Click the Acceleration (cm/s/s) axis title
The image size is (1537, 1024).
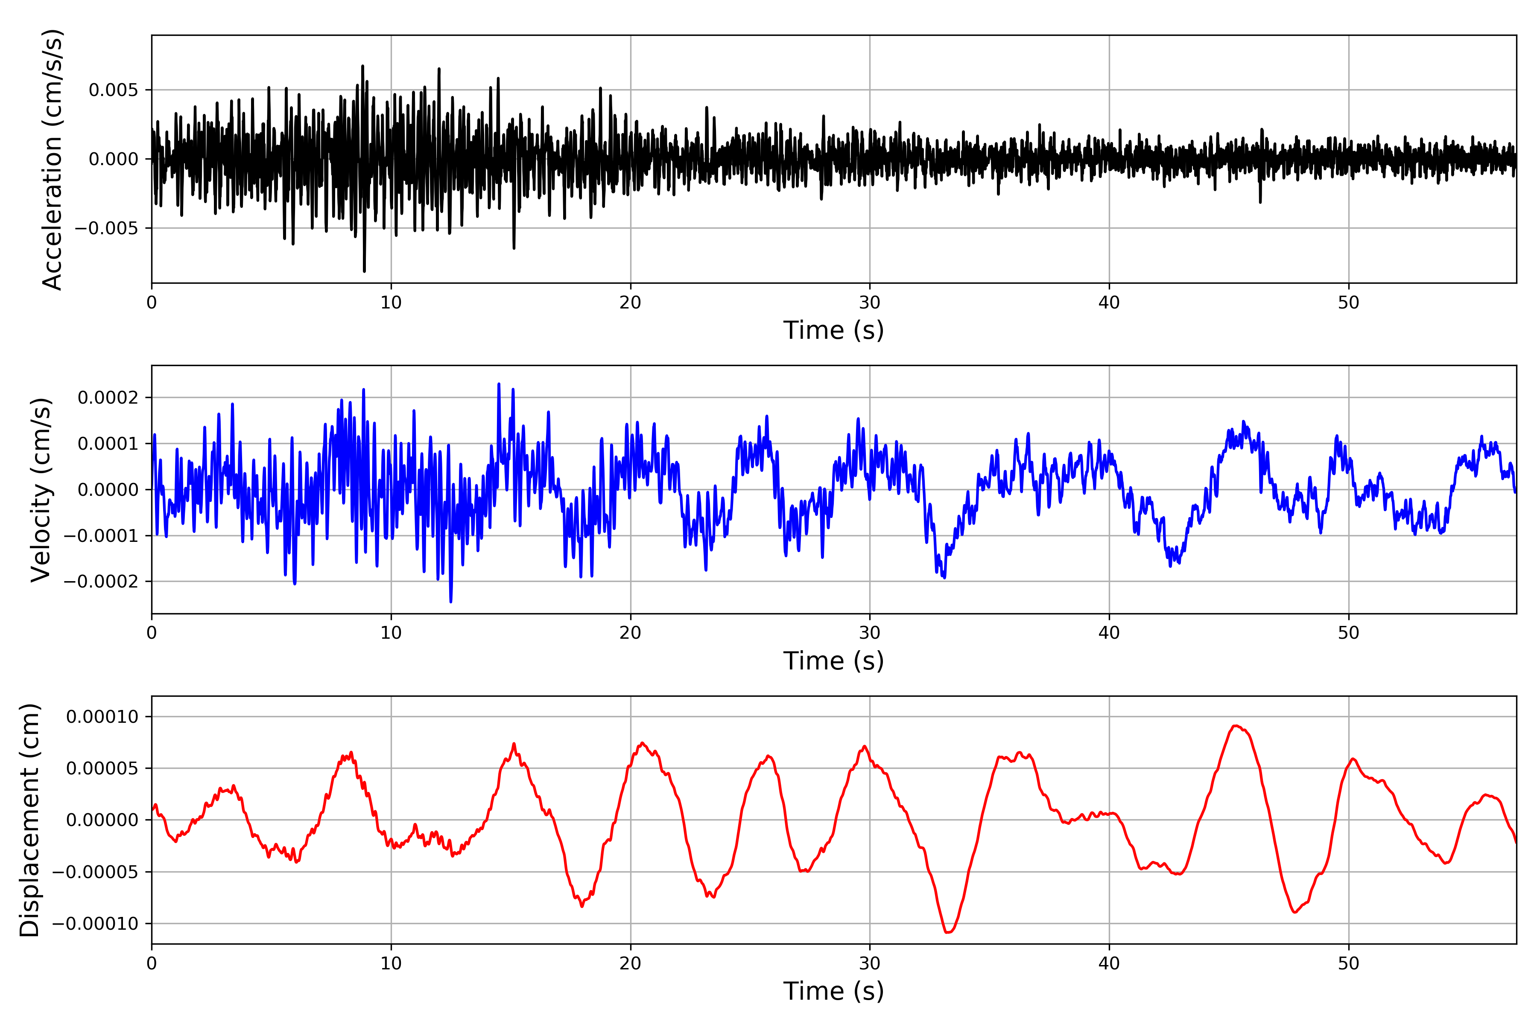(52, 159)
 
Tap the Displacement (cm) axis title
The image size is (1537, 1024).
(30, 820)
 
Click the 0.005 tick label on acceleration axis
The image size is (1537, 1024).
(114, 90)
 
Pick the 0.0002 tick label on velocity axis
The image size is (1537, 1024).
(108, 398)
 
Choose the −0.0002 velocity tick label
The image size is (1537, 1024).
(101, 581)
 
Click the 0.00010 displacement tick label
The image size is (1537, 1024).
(102, 717)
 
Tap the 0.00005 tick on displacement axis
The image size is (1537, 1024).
(102, 769)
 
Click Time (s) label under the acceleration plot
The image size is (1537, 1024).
(833, 330)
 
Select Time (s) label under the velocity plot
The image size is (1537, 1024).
(833, 661)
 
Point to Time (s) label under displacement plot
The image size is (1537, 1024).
(833, 991)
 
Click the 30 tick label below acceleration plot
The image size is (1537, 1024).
(870, 303)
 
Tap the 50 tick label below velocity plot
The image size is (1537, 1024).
(1348, 633)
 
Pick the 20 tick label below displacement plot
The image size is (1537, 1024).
(631, 964)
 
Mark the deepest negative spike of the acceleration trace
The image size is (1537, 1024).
(364, 271)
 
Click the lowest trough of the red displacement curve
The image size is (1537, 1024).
(947, 932)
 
